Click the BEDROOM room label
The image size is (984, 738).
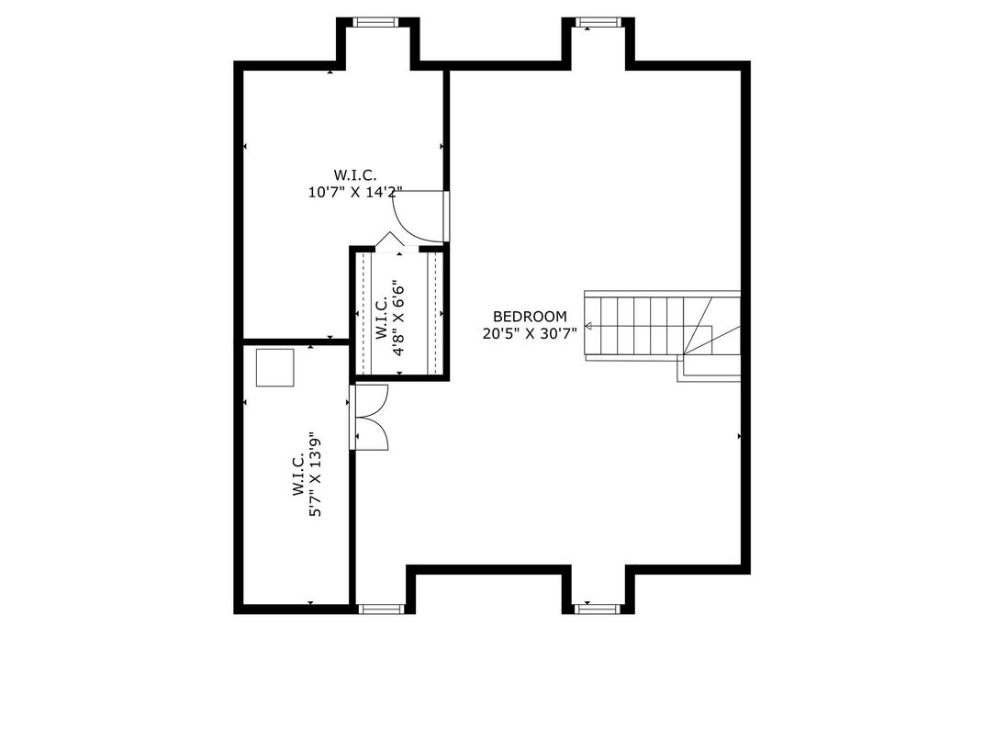pos(530,317)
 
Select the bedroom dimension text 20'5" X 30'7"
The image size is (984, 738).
pos(530,334)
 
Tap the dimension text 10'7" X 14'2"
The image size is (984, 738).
pos(355,192)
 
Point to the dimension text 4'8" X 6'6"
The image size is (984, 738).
pos(398,320)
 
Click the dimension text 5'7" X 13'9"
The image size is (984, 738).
pos(315,474)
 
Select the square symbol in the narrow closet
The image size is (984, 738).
pos(274,368)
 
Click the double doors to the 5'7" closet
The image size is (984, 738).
pos(369,418)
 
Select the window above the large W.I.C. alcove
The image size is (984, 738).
pos(376,22)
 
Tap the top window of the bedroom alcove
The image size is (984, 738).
pos(598,22)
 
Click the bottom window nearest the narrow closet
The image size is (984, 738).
pos(380,609)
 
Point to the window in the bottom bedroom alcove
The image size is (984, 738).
pos(598,609)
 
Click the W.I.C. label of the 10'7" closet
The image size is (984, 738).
pos(355,175)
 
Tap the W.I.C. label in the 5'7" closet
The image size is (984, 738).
pos(298,475)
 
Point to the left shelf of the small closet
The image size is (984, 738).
pos(364,313)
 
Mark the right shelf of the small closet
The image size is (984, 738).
pos(435,313)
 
